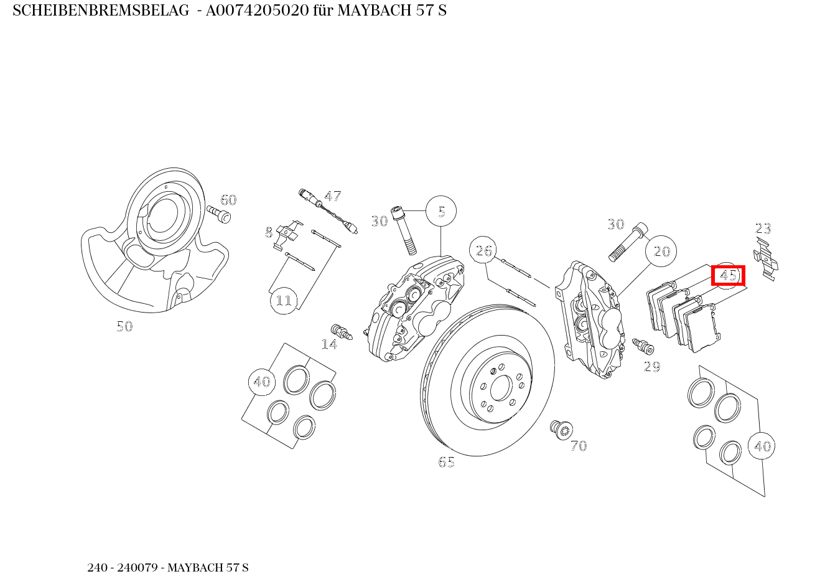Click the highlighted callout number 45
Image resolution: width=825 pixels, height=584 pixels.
[728, 275]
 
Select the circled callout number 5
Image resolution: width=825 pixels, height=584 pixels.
[441, 212]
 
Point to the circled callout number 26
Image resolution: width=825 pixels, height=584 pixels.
[484, 251]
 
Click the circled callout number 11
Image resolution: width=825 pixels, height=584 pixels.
[284, 301]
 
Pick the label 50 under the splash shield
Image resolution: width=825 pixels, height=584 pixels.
[124, 326]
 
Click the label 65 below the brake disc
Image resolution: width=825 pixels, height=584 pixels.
[446, 463]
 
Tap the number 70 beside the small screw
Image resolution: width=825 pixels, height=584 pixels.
[579, 446]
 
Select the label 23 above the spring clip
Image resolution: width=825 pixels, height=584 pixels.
[763, 228]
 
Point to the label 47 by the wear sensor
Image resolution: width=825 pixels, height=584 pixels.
[333, 196]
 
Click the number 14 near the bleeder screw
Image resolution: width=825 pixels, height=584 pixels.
[329, 344]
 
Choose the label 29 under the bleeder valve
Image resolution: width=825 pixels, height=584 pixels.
[651, 367]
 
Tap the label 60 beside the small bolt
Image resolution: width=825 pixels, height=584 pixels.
[228, 200]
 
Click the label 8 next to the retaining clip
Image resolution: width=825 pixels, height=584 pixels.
[269, 233]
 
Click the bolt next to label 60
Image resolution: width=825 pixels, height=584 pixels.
[219, 214]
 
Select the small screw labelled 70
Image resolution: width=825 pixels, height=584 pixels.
[561, 429]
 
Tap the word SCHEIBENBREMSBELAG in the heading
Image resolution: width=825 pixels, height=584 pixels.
[100, 11]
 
